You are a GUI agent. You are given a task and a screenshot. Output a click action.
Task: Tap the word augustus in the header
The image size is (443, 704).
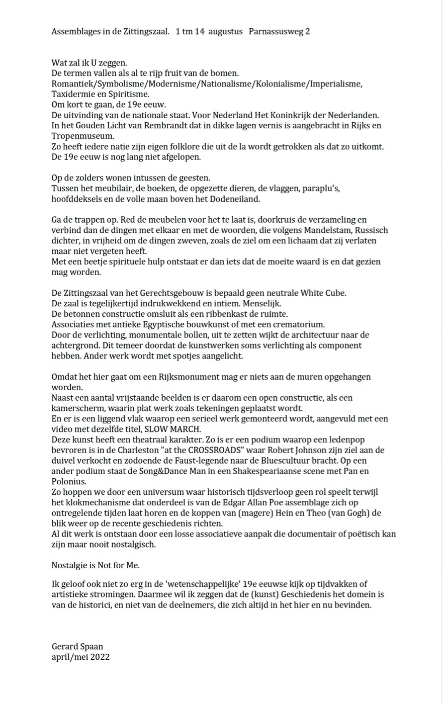[x=225, y=32]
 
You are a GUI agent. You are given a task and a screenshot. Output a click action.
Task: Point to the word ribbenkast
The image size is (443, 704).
[x=230, y=314]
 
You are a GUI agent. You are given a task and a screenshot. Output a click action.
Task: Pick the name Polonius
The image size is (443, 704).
[x=68, y=482]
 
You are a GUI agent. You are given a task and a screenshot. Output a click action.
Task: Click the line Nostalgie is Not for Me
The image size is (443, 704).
[x=96, y=565]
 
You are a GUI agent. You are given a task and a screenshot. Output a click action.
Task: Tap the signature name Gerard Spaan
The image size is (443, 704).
[x=77, y=646]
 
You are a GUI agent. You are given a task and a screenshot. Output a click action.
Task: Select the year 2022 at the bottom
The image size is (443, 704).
[x=100, y=657]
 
